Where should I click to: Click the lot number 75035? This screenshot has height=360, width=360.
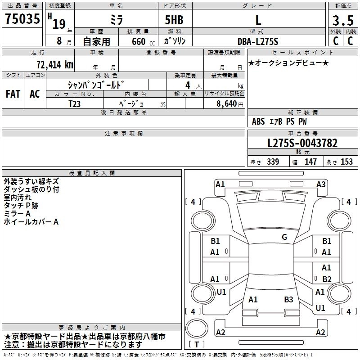click(22, 20)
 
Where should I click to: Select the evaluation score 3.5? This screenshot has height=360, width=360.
click(342, 21)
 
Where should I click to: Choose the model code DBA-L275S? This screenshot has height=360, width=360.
click(258, 41)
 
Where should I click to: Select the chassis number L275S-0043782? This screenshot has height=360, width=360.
click(302, 143)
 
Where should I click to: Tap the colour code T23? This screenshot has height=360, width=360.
click(75, 103)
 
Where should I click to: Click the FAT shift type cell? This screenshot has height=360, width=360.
click(13, 94)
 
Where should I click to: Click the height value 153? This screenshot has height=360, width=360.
click(346, 162)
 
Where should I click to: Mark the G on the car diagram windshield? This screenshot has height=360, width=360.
click(284, 237)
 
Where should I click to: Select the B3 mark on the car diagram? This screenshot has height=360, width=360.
click(288, 299)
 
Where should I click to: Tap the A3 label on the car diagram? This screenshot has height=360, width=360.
click(321, 184)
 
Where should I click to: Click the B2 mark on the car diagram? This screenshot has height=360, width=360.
click(327, 279)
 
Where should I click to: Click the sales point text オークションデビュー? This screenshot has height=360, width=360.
click(288, 63)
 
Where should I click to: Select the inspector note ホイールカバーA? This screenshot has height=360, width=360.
click(31, 222)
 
